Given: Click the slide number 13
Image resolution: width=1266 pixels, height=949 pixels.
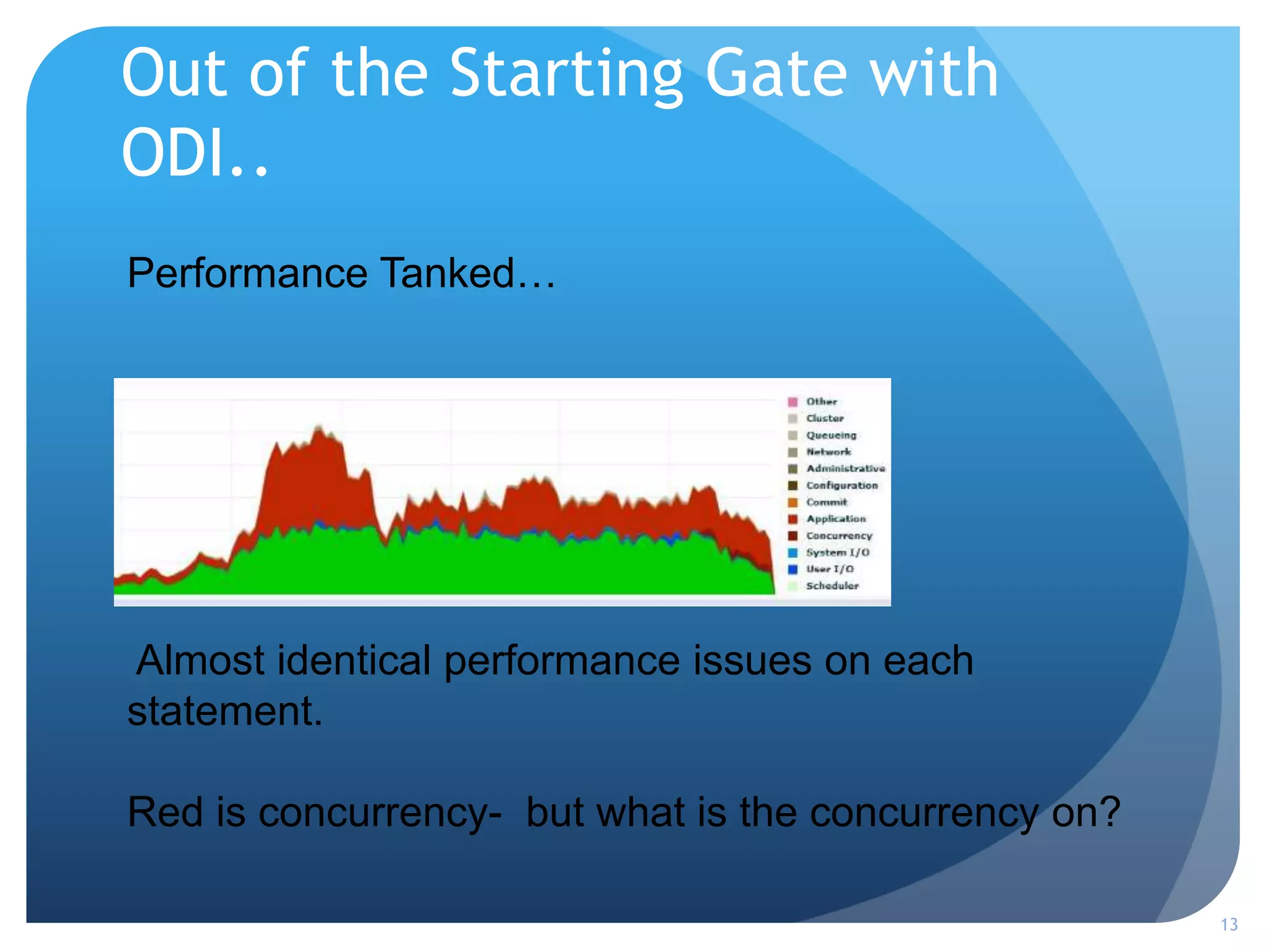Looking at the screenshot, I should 1228,925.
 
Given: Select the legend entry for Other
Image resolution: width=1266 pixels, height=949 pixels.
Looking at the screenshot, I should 821,402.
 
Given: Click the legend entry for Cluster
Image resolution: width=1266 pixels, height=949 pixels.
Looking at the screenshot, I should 824,418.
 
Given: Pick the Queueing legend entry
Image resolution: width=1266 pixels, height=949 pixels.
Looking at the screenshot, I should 830,435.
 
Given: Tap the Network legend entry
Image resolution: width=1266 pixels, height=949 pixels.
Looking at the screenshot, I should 828,452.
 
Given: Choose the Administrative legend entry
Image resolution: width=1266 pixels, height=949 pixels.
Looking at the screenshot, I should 844,468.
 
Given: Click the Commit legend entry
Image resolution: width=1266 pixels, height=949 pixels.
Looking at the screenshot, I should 826,502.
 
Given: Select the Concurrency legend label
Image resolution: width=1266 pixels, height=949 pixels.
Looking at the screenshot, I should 839,536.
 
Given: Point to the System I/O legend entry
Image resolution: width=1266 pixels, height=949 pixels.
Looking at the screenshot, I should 836,552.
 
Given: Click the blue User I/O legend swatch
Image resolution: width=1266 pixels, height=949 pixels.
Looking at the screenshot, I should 792,569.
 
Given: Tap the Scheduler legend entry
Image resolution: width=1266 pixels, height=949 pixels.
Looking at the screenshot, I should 831,586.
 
